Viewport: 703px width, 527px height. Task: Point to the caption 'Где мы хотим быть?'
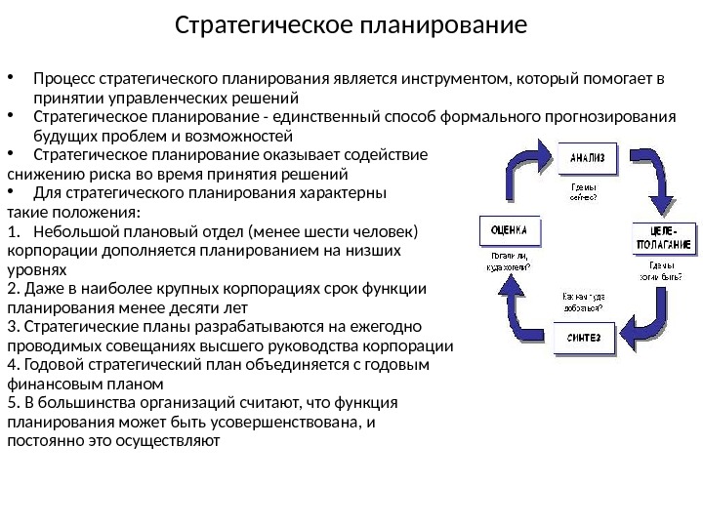661,269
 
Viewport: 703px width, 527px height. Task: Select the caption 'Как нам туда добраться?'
582,300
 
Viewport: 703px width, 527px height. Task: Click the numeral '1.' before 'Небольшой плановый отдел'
13,231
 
